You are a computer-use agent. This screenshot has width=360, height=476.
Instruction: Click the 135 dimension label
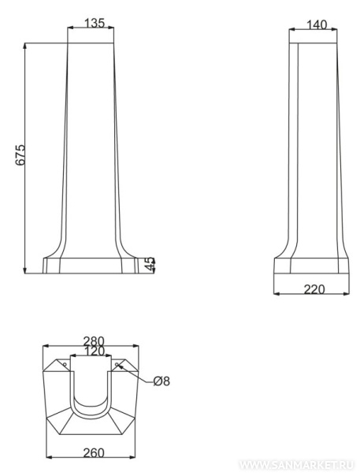[x=94, y=23]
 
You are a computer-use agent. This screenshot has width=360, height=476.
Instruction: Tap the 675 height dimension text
[x=20, y=154]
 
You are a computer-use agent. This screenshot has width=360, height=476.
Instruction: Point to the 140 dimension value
[x=317, y=25]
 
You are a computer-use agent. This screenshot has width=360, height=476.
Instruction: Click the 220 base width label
[x=314, y=289]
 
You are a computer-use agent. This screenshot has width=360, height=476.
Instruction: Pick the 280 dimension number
[x=94, y=341]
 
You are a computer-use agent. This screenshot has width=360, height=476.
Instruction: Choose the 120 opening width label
[x=94, y=351]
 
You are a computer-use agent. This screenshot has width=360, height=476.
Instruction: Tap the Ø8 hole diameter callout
[x=161, y=381]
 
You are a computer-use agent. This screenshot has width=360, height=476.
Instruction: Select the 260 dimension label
[x=94, y=453]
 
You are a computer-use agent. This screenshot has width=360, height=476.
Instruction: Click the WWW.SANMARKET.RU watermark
[x=296, y=466]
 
